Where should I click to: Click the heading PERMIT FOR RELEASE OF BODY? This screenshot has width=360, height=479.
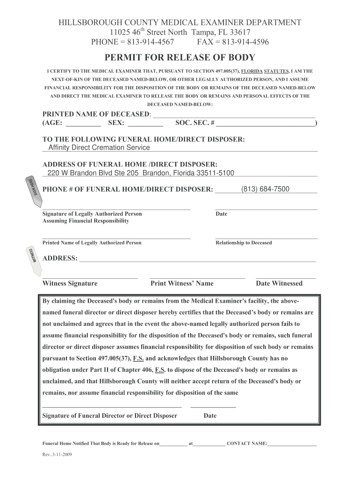180,58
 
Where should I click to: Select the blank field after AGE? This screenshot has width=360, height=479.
84,124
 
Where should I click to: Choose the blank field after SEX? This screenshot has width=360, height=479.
145,124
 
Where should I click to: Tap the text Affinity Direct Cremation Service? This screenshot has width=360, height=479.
99,147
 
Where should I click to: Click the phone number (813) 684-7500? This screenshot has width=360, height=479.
265,189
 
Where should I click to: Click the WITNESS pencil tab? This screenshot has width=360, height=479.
31,258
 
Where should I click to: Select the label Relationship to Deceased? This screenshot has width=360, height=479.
244,243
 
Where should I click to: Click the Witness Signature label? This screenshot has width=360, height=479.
70,283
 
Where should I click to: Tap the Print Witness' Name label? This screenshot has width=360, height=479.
182,283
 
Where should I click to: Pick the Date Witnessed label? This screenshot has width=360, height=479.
279,283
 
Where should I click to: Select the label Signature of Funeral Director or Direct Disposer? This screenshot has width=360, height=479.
110,415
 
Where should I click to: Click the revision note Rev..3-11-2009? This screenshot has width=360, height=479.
57,455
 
